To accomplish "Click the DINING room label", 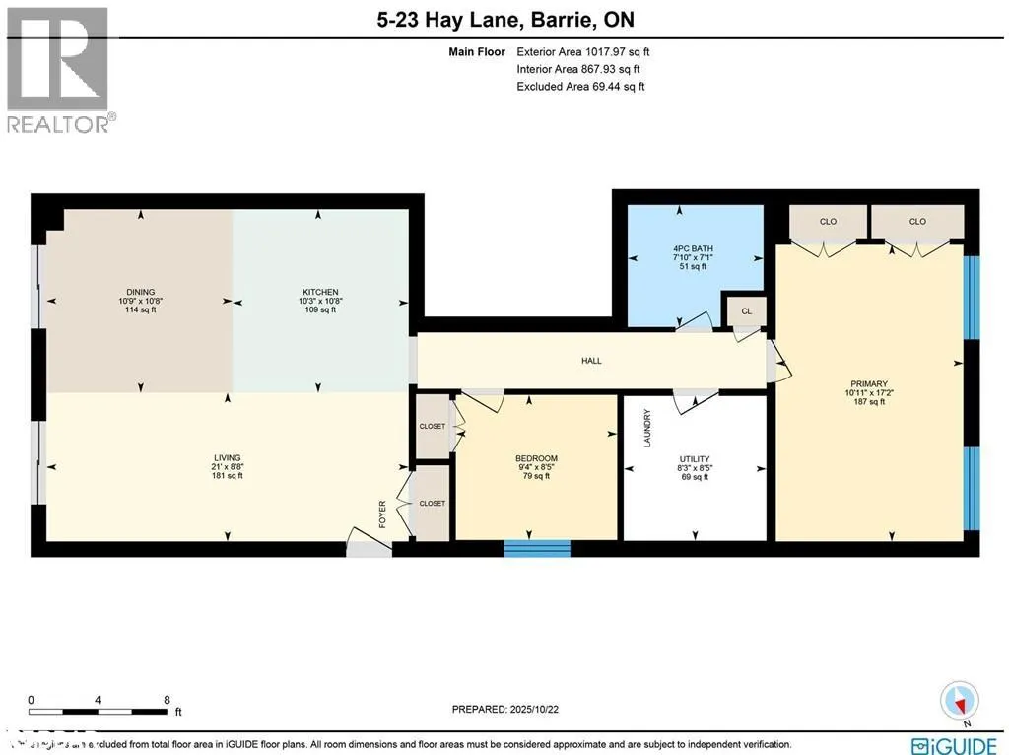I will click(x=137, y=292).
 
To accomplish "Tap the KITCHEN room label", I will click(x=320, y=292).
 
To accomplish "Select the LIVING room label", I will click(x=228, y=457).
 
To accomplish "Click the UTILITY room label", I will click(x=694, y=459).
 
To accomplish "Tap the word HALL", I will click(x=591, y=361).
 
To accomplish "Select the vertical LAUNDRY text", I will click(x=647, y=428).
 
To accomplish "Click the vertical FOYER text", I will click(x=383, y=515).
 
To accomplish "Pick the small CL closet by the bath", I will click(x=746, y=311).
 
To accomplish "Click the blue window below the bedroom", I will click(x=537, y=548).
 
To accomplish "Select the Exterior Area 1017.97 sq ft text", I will click(x=582, y=52).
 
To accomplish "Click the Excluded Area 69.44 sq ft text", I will click(x=580, y=87).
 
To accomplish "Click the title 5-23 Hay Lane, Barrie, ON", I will click(x=504, y=19).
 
